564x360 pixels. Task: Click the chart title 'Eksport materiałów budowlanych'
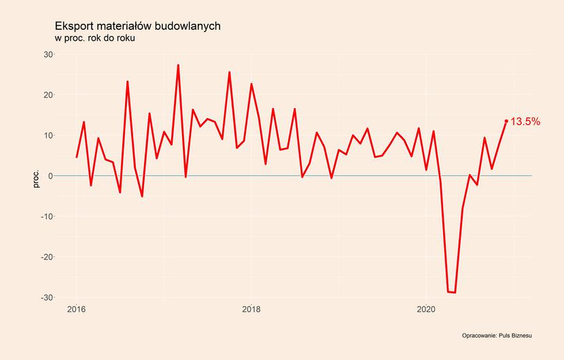tap(137, 26)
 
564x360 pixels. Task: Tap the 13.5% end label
tap(525, 122)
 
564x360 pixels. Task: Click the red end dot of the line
tap(506, 121)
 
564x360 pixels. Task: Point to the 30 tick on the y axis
tap(48, 54)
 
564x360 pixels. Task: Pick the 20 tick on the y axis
tap(48, 95)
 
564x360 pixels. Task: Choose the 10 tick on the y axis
tap(48, 135)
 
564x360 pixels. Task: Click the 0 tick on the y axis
tap(50, 176)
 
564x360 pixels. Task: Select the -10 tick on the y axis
tap(47, 217)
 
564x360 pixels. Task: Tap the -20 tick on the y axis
tap(47, 257)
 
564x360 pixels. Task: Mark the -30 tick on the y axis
tap(47, 298)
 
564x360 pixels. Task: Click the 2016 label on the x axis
tap(76, 310)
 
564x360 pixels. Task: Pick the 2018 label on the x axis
tap(251, 310)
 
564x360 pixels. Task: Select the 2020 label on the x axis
tap(426, 310)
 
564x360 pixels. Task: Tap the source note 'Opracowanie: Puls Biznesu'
tap(496, 336)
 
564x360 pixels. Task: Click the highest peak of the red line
tap(178, 65)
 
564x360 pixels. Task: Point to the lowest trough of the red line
tap(455, 293)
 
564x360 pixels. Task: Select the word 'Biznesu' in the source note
tap(520, 336)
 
